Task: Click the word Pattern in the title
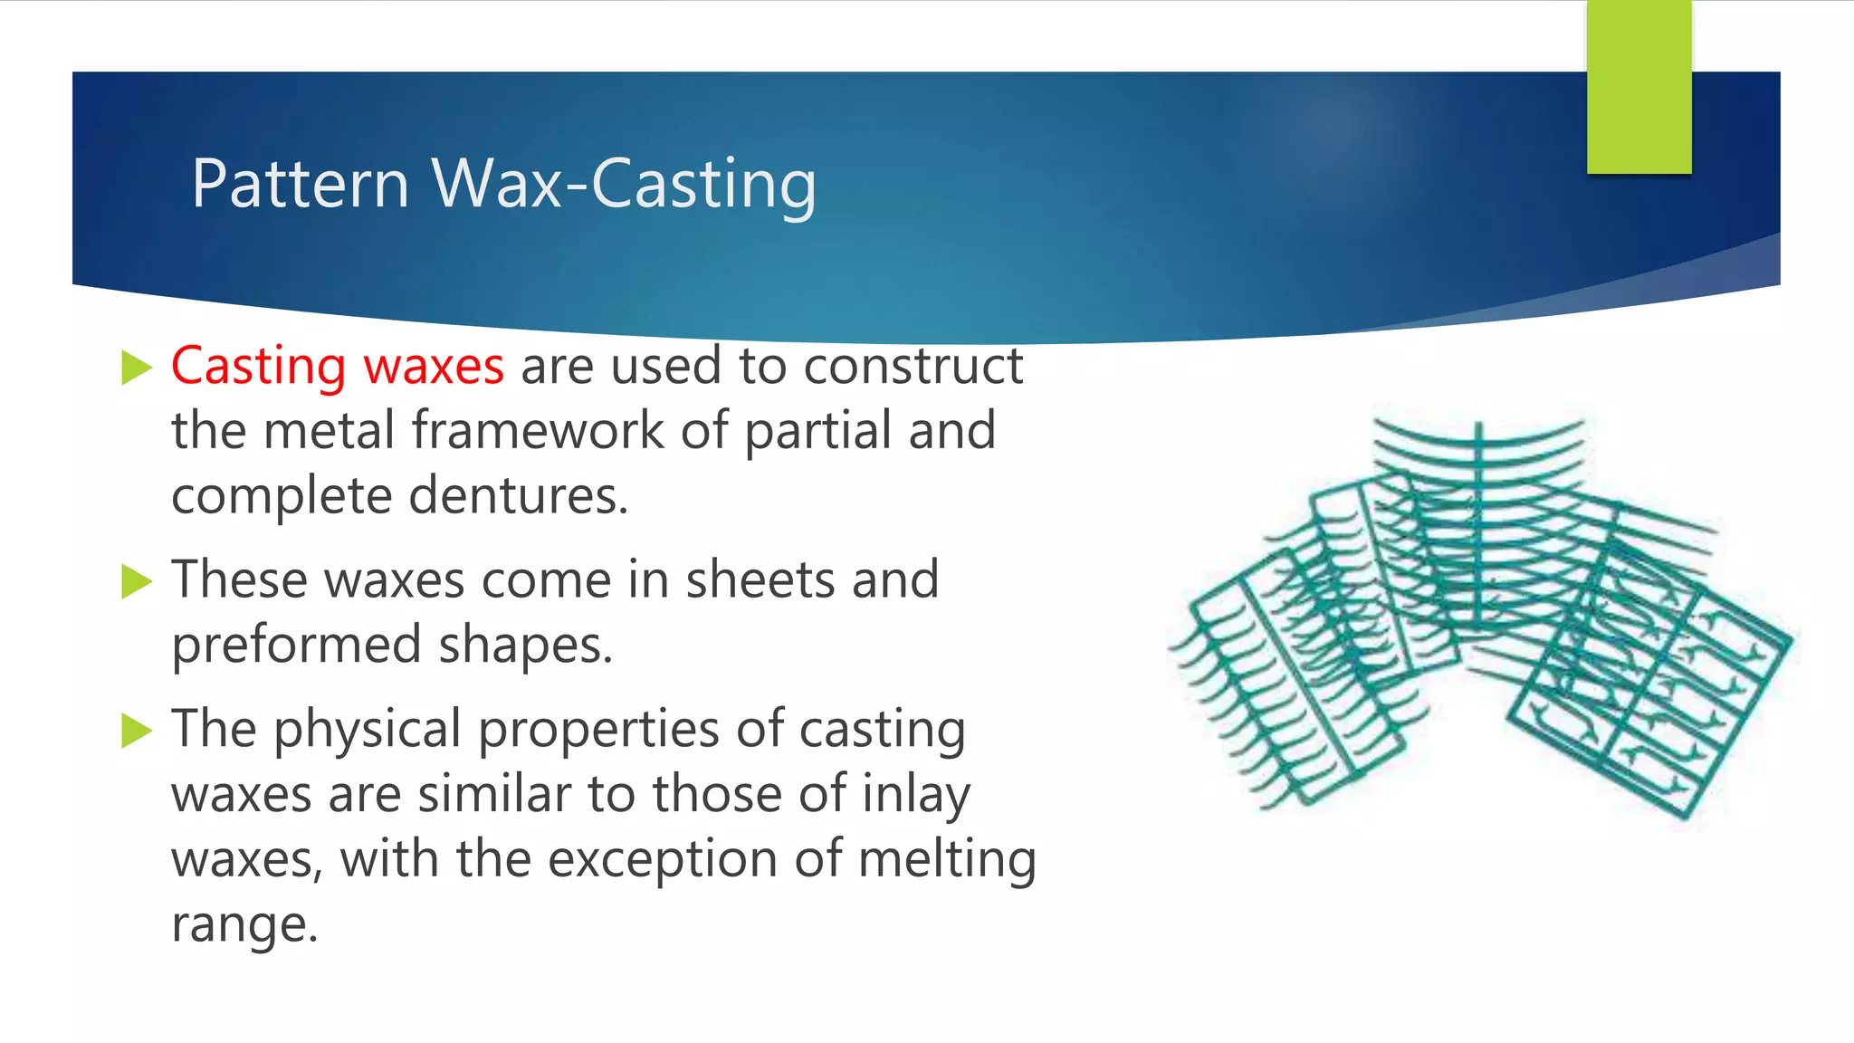[x=301, y=184]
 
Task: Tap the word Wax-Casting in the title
[x=624, y=184]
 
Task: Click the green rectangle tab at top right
[x=1639, y=87]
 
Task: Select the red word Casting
[x=258, y=367]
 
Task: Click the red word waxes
[x=434, y=367]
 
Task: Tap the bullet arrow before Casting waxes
[x=136, y=368]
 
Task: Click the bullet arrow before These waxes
[x=136, y=581]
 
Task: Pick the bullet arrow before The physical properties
[x=136, y=730]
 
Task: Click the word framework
[x=538, y=430]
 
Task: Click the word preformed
[x=296, y=646]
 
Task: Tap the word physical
[x=368, y=730]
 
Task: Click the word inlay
[x=915, y=795]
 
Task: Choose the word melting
[x=946, y=859]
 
